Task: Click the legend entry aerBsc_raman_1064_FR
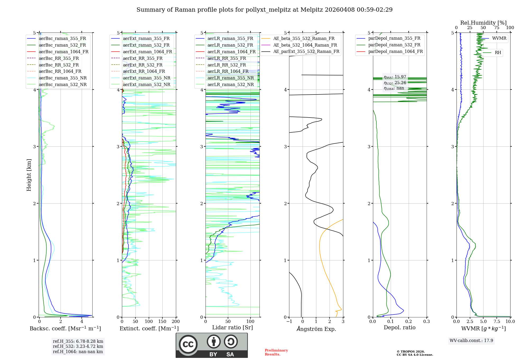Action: tap(63, 52)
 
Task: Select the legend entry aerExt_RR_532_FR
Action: tap(142, 65)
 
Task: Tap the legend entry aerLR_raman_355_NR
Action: tap(230, 78)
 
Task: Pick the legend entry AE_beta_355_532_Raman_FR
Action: tap(304, 38)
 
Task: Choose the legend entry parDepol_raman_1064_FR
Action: tap(395, 51)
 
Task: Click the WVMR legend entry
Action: tap(499, 38)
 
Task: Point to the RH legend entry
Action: tap(498, 53)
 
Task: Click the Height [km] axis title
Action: tap(29, 175)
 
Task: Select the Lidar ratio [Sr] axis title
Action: tap(232, 327)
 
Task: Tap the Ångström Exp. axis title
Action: tap(316, 329)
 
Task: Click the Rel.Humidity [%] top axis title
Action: tap(483, 23)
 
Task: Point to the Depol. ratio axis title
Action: tap(399, 327)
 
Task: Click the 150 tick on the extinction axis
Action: tap(162, 321)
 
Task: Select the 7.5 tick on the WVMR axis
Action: tap(497, 321)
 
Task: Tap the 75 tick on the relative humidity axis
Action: tap(496, 28)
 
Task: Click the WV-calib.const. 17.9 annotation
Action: tap(471, 340)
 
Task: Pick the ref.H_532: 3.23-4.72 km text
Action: tap(78, 346)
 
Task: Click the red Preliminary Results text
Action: tap(276, 352)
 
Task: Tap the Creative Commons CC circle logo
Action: tap(188, 344)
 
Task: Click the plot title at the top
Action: tap(264, 10)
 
